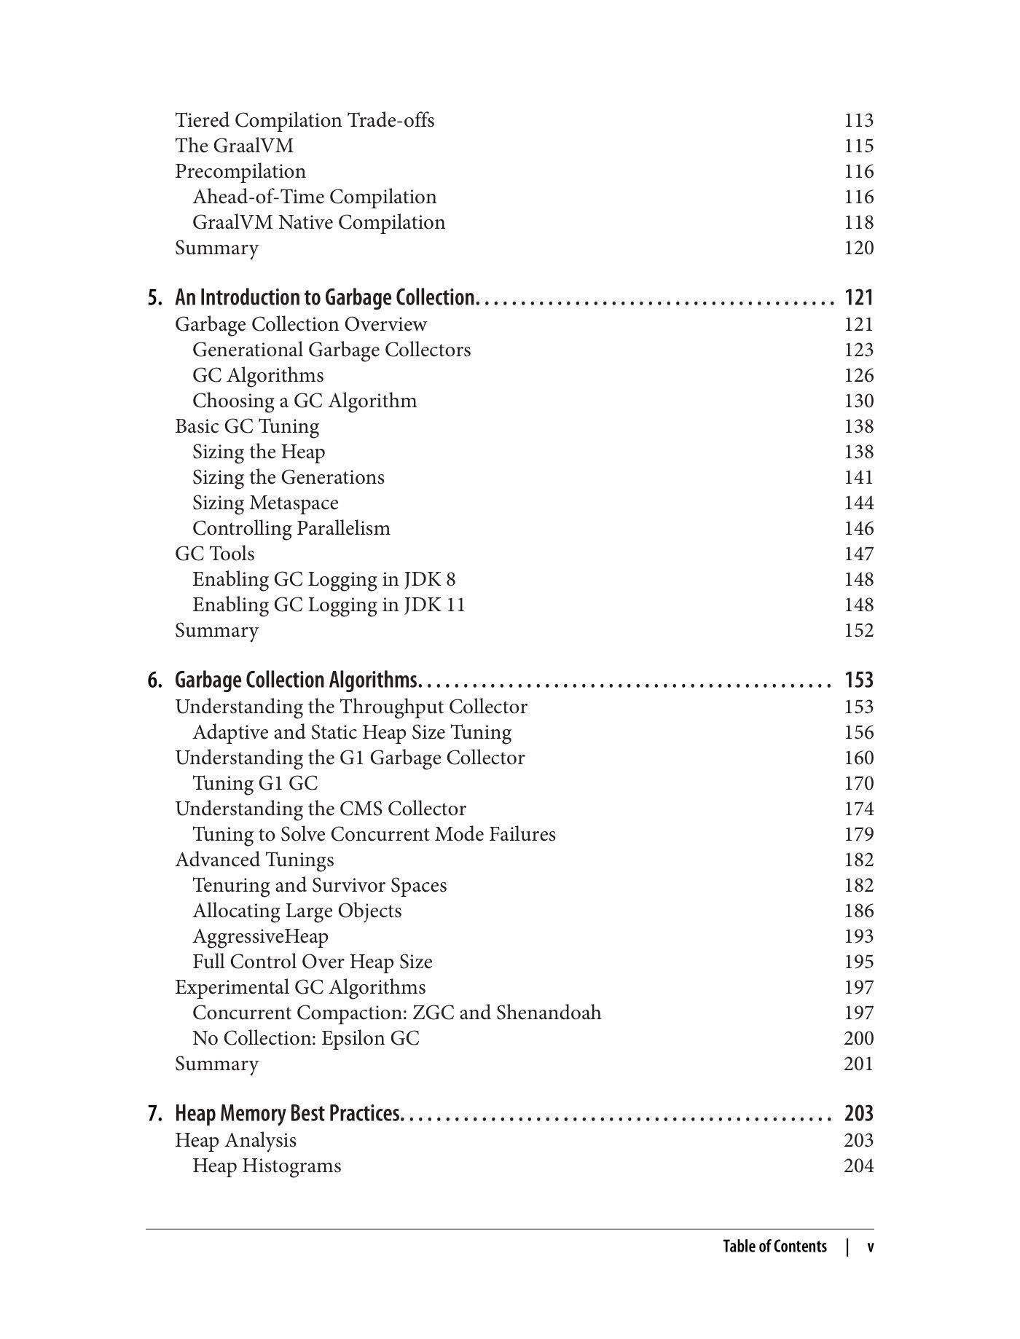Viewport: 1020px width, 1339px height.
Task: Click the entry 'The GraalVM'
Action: [x=234, y=146]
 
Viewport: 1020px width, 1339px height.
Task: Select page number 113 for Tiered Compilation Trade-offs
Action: [x=858, y=120]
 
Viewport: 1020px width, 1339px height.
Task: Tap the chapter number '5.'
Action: [x=154, y=297]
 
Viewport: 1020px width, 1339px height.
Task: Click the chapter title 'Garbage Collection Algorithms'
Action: [x=297, y=680]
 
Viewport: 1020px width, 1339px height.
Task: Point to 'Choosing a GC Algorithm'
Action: [x=305, y=401]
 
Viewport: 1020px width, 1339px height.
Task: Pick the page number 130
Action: [x=858, y=401]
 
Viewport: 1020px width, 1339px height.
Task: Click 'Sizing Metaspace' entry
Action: [x=265, y=503]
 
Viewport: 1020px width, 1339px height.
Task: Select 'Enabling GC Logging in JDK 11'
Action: [x=329, y=605]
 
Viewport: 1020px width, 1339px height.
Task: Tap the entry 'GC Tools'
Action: [x=215, y=554]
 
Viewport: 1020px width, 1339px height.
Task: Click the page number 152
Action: [x=858, y=630]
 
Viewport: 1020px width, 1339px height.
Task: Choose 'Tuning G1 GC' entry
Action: [x=255, y=783]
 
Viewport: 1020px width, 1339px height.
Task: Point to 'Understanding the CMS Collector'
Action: [x=321, y=809]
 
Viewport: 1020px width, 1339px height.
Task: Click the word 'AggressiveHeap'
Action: [x=260, y=936]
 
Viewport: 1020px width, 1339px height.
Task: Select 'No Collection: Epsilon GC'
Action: [x=306, y=1038]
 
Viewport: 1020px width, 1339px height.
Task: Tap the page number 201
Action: [x=858, y=1064]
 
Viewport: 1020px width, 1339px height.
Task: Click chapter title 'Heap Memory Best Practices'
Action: [x=288, y=1113]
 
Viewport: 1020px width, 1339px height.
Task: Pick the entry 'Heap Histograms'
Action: [x=267, y=1166]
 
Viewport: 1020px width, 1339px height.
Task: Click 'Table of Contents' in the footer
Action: [x=774, y=1246]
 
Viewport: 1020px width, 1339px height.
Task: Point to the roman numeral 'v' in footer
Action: [x=870, y=1246]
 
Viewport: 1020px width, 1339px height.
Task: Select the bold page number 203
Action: [x=858, y=1113]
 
